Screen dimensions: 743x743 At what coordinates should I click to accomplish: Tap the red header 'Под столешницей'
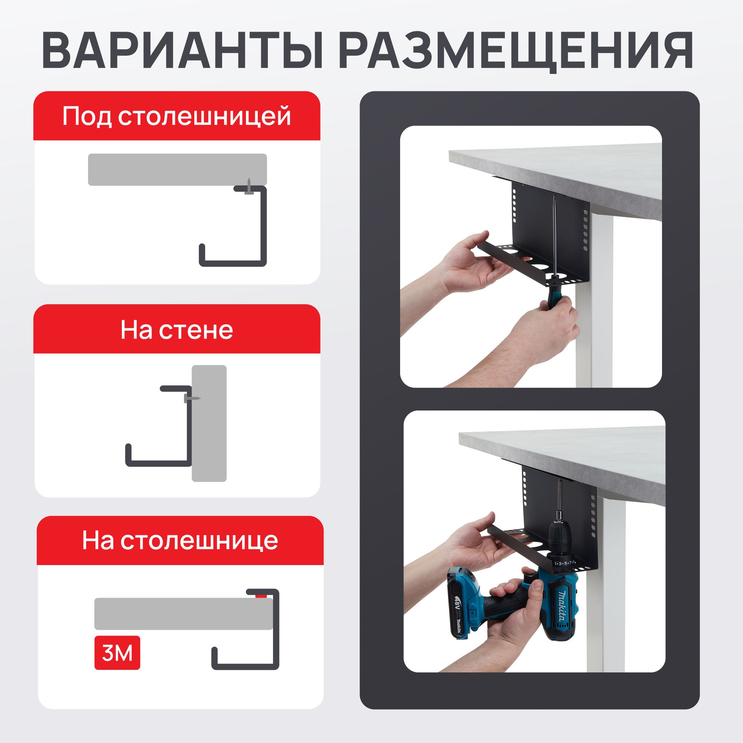(x=176, y=116)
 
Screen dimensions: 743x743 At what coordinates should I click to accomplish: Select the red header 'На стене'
(x=176, y=330)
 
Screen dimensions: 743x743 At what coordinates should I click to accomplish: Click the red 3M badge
(x=117, y=653)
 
